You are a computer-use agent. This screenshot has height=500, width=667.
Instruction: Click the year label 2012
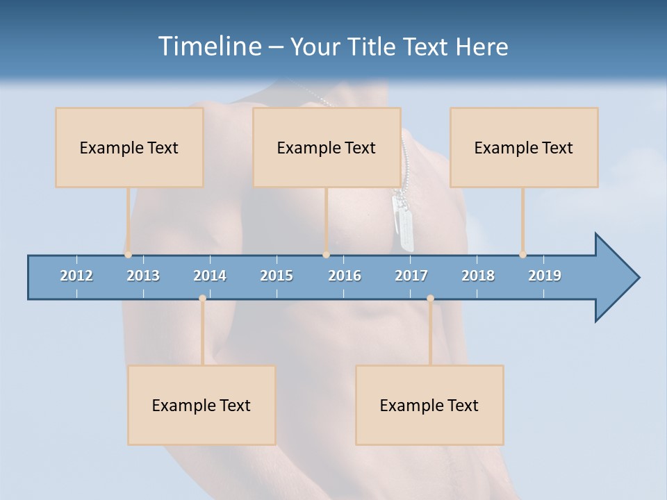point(76,276)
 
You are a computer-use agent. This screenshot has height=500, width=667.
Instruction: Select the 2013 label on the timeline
point(143,276)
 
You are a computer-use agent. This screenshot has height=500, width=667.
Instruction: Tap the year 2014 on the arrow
point(210,276)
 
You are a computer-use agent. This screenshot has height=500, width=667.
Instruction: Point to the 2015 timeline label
point(277,276)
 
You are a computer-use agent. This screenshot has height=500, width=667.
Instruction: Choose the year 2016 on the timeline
point(345,276)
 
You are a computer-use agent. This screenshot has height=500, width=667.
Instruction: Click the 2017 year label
point(411,276)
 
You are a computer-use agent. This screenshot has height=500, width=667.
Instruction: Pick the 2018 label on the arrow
point(478,276)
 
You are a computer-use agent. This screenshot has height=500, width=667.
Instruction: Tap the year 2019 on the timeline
point(545,276)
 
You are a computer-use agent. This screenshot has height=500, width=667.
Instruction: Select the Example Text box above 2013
point(129,147)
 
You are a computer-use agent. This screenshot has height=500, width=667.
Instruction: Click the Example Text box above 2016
point(327,147)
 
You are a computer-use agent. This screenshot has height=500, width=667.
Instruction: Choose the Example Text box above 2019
point(524,147)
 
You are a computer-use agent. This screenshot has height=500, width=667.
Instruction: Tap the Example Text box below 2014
point(201,405)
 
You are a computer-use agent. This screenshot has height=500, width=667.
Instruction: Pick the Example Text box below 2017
point(429,405)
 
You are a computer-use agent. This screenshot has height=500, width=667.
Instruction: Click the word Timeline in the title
point(209,46)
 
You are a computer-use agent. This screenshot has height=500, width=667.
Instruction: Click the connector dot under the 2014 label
point(202,298)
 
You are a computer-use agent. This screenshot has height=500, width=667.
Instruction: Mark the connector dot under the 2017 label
point(430,298)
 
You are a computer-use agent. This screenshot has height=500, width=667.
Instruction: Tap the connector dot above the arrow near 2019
point(522,254)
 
